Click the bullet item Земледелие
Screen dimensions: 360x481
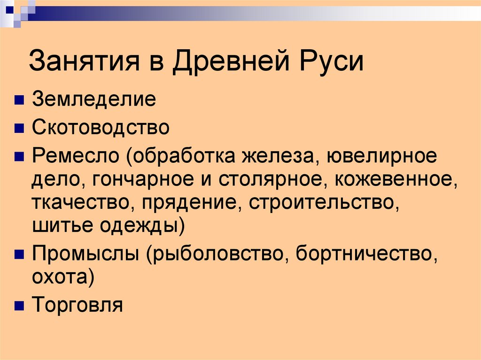tap(94, 100)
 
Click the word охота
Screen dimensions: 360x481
tap(61, 277)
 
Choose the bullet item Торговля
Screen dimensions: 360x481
tap(78, 306)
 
